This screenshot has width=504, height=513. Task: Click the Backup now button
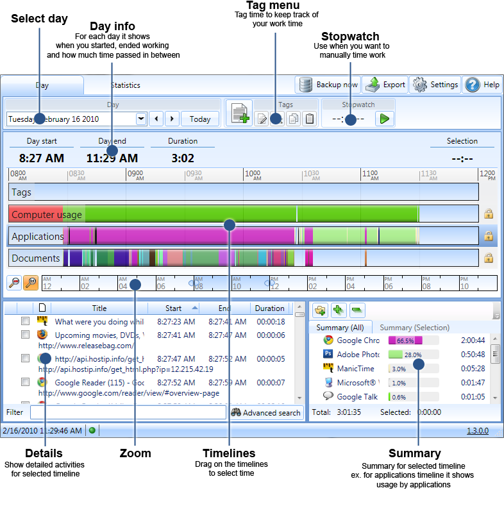point(328,85)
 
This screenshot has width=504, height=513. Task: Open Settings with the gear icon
point(436,85)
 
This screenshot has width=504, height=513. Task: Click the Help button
point(482,85)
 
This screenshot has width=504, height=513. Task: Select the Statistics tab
point(125,85)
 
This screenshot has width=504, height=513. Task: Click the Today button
point(200,119)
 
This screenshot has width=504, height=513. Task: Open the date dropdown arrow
point(141,119)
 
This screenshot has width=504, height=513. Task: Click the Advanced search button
point(266,412)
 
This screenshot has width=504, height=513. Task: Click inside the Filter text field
point(128,412)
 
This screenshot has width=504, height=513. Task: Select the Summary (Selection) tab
point(414,328)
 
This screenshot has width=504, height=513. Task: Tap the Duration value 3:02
point(183,158)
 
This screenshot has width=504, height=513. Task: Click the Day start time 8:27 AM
point(42,158)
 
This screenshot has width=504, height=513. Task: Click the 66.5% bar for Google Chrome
point(405,341)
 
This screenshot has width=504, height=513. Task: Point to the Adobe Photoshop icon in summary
point(328,354)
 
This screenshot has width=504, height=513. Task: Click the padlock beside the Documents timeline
point(488,258)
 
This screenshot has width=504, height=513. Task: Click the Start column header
point(174,308)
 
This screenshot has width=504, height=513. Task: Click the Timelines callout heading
point(229,453)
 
